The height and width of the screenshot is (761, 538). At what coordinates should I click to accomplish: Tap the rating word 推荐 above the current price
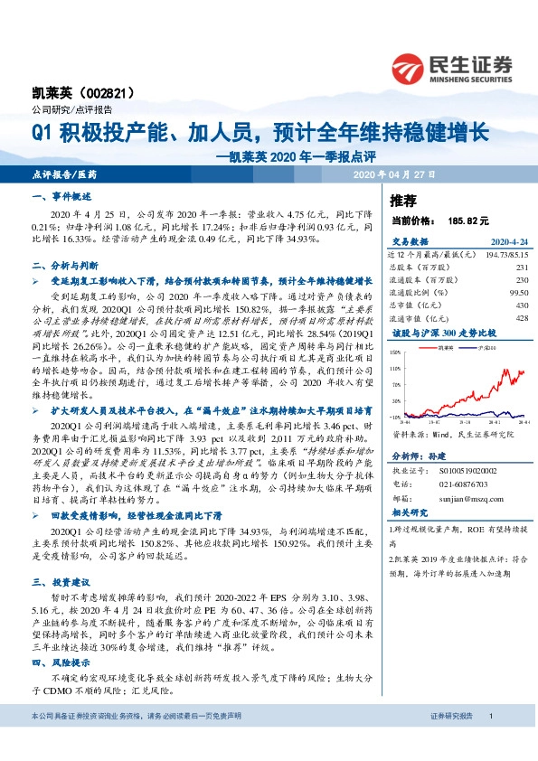tap(402, 200)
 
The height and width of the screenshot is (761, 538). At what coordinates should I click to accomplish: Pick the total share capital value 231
tap(522, 268)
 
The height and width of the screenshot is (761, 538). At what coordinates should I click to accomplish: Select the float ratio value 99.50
tap(518, 293)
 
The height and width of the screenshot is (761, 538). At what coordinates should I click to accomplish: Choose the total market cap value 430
tap(522, 305)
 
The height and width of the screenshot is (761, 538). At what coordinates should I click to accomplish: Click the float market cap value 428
tap(522, 318)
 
